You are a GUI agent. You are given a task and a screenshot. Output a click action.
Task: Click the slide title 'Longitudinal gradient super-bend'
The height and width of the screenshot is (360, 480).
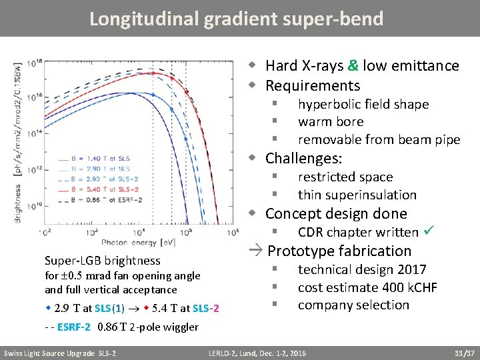[237, 19]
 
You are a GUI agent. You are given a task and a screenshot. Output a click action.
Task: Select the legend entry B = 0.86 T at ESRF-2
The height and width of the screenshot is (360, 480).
[103, 199]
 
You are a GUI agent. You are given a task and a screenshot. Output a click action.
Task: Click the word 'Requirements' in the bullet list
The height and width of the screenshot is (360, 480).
[312, 85]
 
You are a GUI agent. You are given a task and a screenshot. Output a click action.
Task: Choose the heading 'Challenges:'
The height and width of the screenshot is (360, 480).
[303, 158]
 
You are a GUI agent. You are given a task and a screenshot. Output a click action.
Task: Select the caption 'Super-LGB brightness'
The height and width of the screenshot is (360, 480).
[111, 261]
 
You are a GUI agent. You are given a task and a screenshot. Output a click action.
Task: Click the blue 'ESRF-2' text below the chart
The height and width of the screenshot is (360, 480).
[74, 327]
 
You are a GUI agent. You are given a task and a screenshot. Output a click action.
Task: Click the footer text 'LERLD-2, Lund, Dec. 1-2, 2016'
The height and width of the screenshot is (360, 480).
[257, 353]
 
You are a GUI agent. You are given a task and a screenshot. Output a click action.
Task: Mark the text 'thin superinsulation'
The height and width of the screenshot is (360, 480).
[357, 195]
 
